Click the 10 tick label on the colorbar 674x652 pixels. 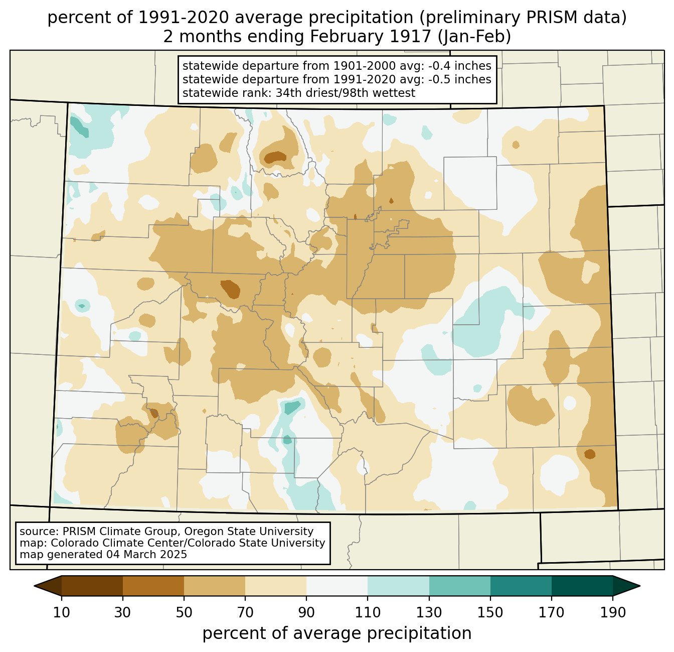click(62, 612)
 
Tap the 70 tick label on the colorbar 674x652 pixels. click(245, 612)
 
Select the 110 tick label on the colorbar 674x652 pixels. click(368, 612)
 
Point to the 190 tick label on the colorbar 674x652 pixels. click(612, 612)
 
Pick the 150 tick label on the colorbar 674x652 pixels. click(490, 612)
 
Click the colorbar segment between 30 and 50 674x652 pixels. click(153, 586)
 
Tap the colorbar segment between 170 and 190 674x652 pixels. click(582, 586)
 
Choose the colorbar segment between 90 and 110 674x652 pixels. click(337, 586)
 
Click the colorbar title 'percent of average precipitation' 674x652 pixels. click(337, 633)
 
